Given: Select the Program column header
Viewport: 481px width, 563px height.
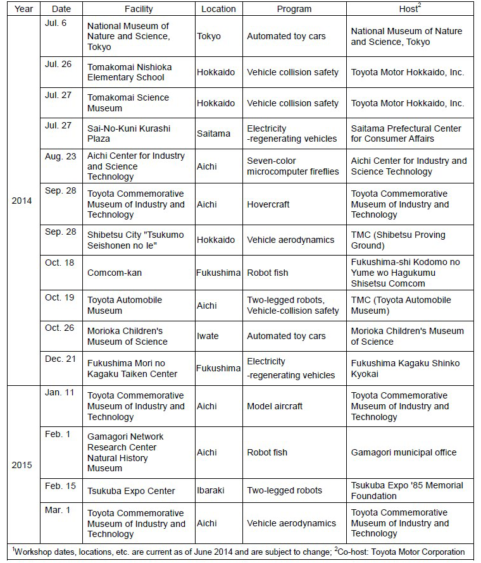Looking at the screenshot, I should [294, 9].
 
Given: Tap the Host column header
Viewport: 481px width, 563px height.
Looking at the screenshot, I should [411, 9].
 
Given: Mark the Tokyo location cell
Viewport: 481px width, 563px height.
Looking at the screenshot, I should [209, 36].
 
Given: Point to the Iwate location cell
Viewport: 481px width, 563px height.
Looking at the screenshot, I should [209, 336].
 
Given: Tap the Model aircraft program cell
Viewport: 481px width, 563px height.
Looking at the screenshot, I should [275, 406].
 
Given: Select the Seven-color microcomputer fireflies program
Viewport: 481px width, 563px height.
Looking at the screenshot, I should [292, 166].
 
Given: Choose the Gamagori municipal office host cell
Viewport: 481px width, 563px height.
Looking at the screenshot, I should [404, 452].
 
